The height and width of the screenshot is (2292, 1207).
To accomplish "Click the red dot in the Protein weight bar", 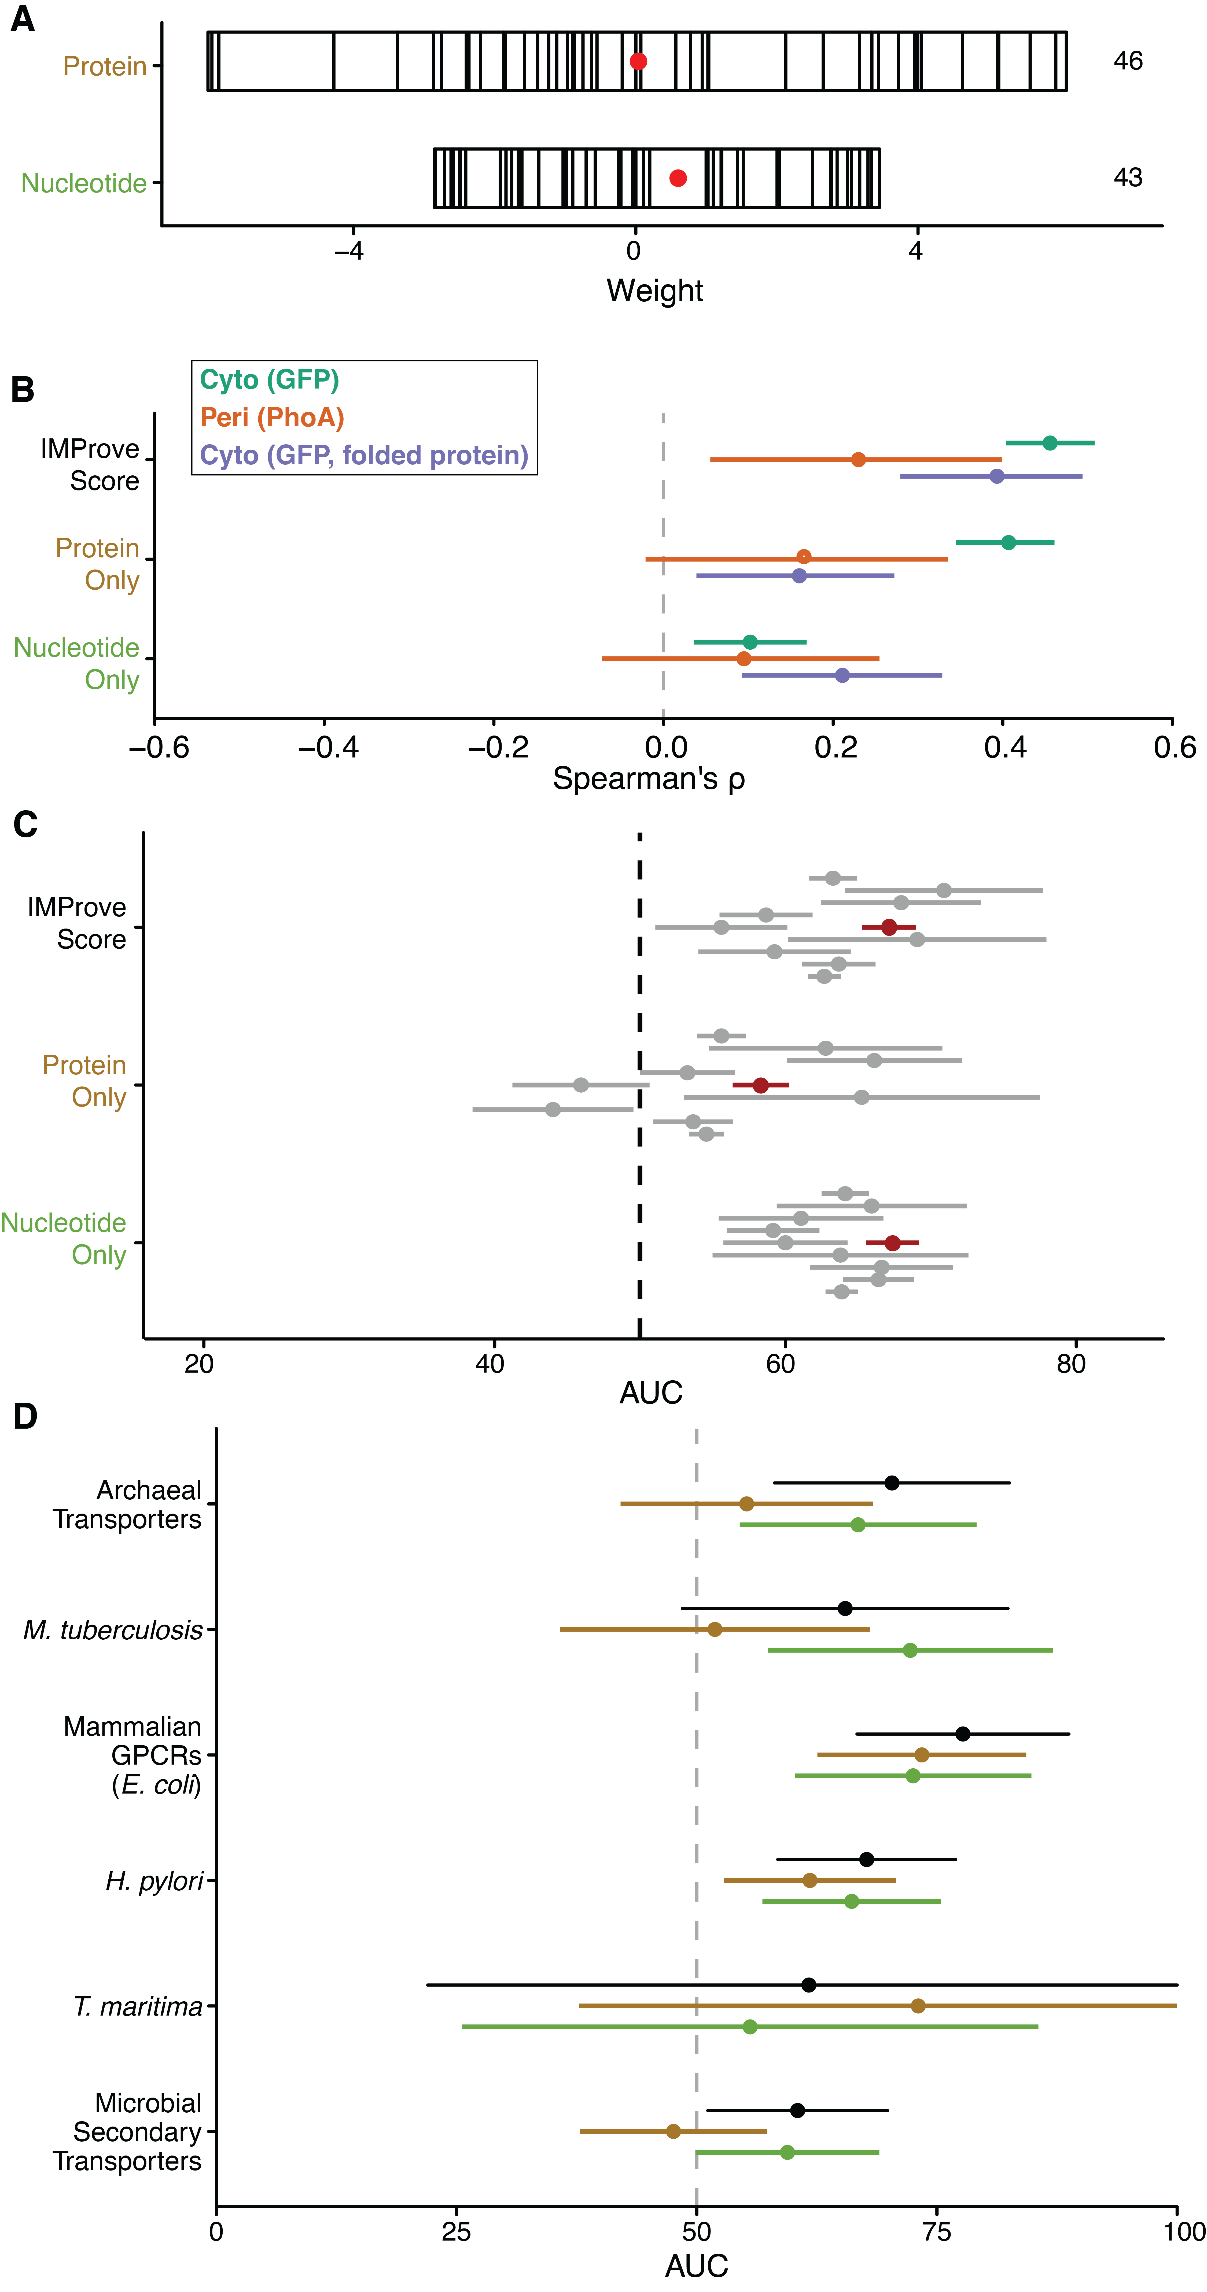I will [638, 61].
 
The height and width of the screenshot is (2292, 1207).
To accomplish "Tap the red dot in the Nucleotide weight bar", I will [677, 178].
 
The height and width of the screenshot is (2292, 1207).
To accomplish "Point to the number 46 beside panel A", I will [1128, 61].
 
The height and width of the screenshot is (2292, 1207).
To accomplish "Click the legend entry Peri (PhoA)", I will [271, 417].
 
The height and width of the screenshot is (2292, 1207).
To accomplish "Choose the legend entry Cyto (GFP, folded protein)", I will [363, 456].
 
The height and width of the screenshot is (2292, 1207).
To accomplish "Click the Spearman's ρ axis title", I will [648, 779].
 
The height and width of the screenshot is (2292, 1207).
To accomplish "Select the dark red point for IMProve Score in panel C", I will [888, 927].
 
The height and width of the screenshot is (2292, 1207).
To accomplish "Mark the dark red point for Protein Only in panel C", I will [760, 1085].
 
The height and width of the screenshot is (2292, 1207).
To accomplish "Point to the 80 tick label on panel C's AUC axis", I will [1071, 1364].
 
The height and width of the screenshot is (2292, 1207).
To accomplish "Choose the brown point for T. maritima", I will [918, 2006].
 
